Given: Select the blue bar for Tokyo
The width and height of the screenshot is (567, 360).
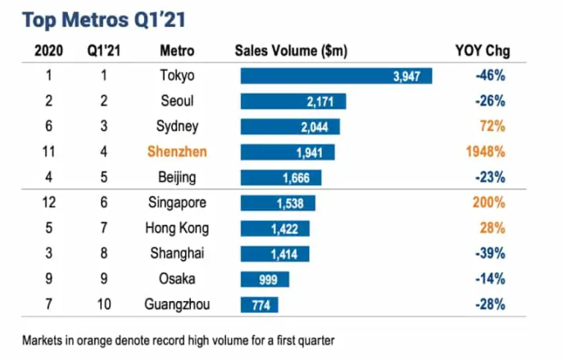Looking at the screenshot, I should pyautogui.click(x=336, y=76).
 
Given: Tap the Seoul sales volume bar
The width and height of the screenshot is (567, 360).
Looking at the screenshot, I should pyautogui.click(x=293, y=102).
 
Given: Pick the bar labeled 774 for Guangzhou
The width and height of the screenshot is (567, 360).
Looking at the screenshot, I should pyautogui.click(x=259, y=305).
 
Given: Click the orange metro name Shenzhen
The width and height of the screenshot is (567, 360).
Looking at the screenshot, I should pyautogui.click(x=177, y=152).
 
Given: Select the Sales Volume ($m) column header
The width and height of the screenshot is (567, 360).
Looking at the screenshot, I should pyautogui.click(x=290, y=51).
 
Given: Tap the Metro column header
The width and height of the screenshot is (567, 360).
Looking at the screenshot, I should pyautogui.click(x=177, y=51).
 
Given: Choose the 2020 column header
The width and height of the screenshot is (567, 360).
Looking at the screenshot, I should pyautogui.click(x=50, y=51).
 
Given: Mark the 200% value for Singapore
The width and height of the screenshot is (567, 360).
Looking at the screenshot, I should pyautogui.click(x=490, y=203).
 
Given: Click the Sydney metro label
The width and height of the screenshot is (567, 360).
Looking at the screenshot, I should pyautogui.click(x=177, y=126).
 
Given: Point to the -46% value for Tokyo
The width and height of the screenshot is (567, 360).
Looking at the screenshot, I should pyautogui.click(x=489, y=76).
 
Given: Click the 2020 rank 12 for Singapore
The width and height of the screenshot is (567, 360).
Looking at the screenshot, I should pyautogui.click(x=50, y=203).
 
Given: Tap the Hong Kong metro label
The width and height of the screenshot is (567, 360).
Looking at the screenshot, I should pyautogui.click(x=177, y=229).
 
